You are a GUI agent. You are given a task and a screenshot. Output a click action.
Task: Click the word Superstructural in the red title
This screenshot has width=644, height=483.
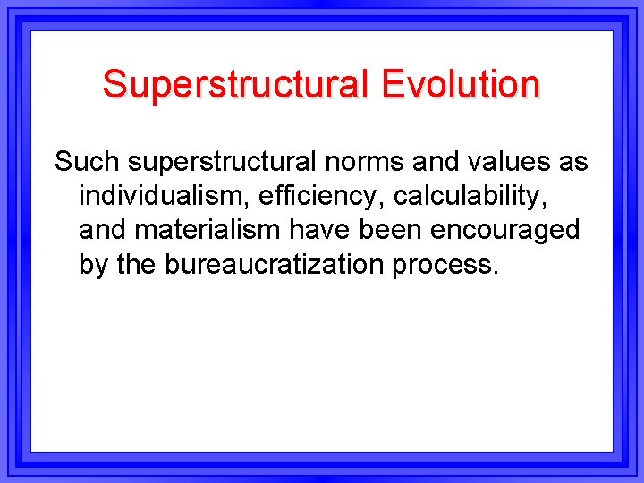click(235, 84)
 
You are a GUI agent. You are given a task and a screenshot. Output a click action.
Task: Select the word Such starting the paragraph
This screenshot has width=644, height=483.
click(87, 162)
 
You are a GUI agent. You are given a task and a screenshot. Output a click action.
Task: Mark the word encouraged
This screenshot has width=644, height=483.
click(504, 230)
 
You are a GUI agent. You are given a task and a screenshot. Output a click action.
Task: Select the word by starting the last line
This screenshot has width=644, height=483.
click(92, 264)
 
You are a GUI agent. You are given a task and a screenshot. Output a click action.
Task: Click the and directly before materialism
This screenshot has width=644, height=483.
click(103, 230)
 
